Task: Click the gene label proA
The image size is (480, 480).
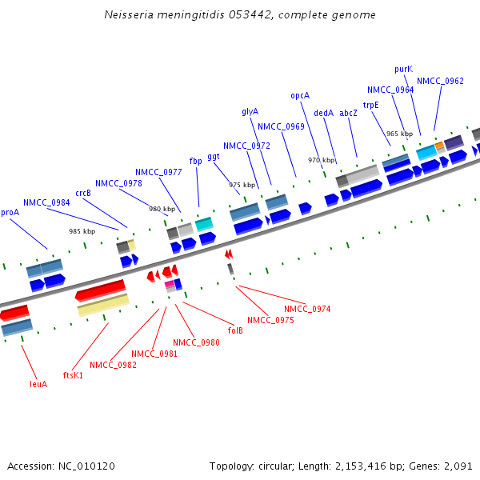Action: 10,212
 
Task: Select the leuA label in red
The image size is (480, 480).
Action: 38,383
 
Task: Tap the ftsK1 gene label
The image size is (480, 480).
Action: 73,374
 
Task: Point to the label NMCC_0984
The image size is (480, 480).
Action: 46,202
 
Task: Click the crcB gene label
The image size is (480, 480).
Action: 83,193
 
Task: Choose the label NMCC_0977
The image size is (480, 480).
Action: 158,172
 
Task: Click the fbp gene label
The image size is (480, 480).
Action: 195,161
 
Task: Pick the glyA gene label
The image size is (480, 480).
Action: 250,111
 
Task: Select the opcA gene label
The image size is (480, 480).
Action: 300,95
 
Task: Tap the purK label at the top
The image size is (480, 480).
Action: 404,69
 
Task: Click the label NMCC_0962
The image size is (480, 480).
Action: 440,81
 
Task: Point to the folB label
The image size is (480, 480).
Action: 235,330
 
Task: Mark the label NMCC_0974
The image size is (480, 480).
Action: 307,309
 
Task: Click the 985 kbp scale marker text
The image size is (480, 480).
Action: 82,231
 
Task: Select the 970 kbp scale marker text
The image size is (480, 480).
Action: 321,160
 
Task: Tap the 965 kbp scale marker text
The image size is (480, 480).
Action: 399,134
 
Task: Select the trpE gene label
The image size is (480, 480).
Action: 370,105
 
